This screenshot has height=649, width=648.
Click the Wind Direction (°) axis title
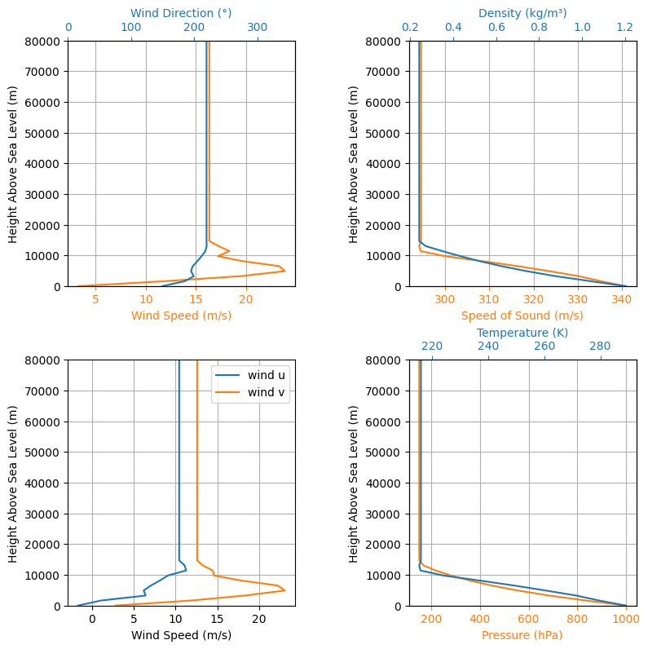click(x=181, y=13)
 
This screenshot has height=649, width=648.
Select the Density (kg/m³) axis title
click(x=522, y=13)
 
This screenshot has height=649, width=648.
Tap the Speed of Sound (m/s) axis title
click(x=522, y=316)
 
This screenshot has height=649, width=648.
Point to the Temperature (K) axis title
click(x=522, y=333)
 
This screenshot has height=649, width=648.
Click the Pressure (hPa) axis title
click(x=522, y=635)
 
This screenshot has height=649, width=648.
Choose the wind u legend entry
click(x=250, y=375)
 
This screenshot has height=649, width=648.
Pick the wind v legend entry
click(x=250, y=392)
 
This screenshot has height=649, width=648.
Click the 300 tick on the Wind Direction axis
click(x=258, y=28)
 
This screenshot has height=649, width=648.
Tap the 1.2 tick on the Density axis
click(x=625, y=28)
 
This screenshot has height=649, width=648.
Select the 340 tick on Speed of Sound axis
click(x=622, y=299)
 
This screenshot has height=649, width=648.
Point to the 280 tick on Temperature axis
click(x=600, y=346)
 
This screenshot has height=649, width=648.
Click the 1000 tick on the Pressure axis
click(x=626, y=619)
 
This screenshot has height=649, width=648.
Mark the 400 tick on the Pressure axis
click(x=480, y=619)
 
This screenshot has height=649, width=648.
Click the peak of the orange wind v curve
click(x=284, y=590)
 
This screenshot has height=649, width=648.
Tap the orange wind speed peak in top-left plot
click(x=284, y=272)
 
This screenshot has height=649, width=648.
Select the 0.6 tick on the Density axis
click(x=496, y=28)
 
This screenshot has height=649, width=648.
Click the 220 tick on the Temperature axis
click(x=432, y=346)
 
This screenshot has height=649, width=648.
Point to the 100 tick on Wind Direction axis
click(x=131, y=28)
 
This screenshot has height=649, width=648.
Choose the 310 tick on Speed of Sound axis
click(x=489, y=299)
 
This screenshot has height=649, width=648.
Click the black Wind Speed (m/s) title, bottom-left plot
click(x=181, y=635)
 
